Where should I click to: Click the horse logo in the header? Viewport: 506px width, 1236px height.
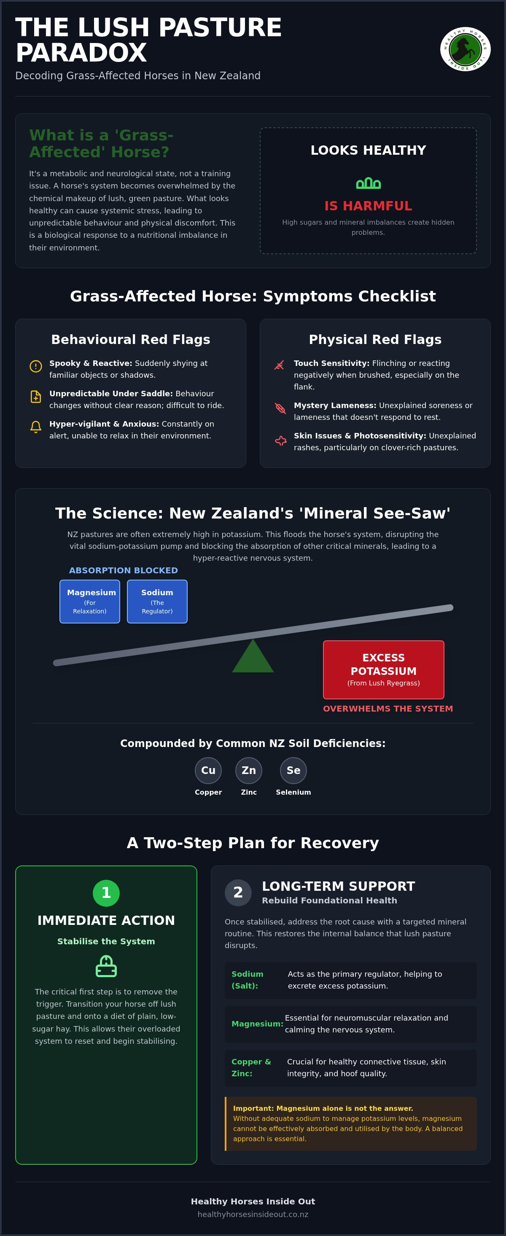pos(465,49)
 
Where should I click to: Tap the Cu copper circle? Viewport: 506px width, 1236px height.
pos(208,770)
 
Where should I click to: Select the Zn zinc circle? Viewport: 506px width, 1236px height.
pos(249,770)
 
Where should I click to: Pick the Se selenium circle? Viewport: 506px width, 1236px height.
pos(293,770)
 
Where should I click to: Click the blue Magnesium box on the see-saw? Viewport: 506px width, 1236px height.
pos(90,601)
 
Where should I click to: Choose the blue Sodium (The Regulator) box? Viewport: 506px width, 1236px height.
pos(157,601)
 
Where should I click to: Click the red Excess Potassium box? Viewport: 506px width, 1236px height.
pos(384,669)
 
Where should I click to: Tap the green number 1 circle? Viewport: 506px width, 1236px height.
pos(106,893)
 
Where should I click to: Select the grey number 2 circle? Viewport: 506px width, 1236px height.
pos(238,892)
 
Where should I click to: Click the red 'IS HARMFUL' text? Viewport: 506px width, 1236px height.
pos(368,206)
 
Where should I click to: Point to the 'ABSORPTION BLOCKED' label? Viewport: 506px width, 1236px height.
pos(124,570)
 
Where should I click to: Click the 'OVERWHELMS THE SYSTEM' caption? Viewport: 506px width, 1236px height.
pos(388,709)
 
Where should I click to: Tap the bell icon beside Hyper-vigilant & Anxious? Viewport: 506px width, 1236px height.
pos(35,427)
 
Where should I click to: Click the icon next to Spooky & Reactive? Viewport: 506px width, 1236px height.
pos(35,366)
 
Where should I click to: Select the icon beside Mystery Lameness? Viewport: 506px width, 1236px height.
pos(280,408)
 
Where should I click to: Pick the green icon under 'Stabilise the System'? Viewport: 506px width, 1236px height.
pos(106,966)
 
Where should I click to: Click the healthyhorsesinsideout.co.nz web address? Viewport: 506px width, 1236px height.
pos(253,1214)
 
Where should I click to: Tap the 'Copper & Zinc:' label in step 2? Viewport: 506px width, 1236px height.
pos(251,1067)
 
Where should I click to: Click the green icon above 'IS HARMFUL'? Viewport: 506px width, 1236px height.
pos(368,183)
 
